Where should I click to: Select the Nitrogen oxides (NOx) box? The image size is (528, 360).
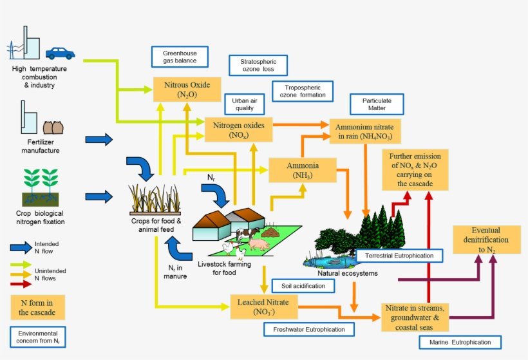pyautogui.click(x=238, y=129)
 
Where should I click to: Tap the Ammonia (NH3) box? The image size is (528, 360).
pyautogui.click(x=303, y=170)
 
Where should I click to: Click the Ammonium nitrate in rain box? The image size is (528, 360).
pyautogui.click(x=365, y=131)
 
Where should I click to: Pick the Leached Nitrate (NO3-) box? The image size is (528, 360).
pyautogui.click(x=263, y=307)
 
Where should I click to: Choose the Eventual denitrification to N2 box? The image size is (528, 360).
pyautogui.click(x=486, y=240)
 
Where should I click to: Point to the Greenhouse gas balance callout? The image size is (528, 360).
pyautogui.click(x=180, y=57)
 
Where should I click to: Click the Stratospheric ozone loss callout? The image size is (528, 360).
pyautogui.click(x=258, y=65)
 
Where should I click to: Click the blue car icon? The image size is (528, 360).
pyautogui.click(x=60, y=53)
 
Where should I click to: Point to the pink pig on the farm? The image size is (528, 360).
pyautogui.click(x=259, y=245)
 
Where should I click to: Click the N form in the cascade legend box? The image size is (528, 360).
pyautogui.click(x=37, y=307)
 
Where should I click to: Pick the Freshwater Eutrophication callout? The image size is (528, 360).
pyautogui.click(x=309, y=329)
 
